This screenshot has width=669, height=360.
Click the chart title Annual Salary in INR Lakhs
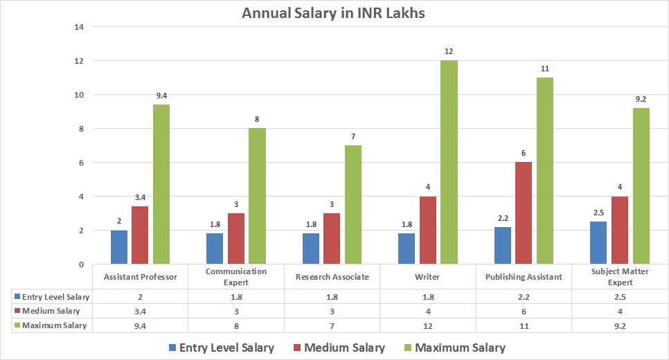[x=334, y=13]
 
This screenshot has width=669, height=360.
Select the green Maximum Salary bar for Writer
[x=449, y=162]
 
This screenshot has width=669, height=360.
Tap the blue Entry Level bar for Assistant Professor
[x=119, y=247]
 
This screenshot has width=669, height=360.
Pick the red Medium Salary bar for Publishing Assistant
[x=524, y=213]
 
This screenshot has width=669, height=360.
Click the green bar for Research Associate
[x=353, y=204]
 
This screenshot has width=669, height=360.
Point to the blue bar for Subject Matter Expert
[x=598, y=242]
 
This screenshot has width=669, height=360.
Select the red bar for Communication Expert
[x=236, y=238]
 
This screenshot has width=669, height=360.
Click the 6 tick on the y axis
[x=80, y=163]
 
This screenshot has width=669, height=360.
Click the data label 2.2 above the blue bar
[x=503, y=218]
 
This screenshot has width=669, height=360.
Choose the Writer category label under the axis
[x=427, y=277]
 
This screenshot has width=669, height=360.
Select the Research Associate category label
[x=331, y=277]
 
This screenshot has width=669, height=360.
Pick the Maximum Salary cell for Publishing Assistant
[x=524, y=325]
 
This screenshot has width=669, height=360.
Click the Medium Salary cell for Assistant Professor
[x=141, y=311]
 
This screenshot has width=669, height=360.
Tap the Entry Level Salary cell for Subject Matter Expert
[x=620, y=297]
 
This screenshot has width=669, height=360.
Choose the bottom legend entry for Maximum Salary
[x=454, y=348]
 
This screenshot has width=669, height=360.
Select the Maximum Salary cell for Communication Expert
[x=236, y=325]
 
